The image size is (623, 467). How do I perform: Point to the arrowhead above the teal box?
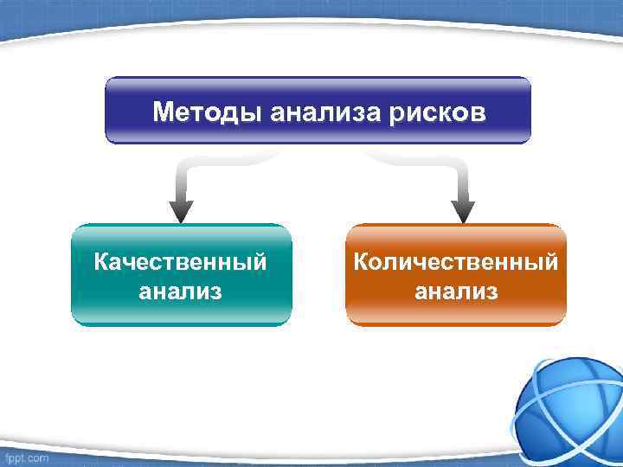[181, 210]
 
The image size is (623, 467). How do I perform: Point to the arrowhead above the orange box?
[463, 210]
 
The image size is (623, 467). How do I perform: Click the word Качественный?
[180, 261]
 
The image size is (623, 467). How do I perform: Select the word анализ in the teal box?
[180, 291]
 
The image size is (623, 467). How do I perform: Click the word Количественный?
[455, 261]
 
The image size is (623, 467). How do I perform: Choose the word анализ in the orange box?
[456, 291]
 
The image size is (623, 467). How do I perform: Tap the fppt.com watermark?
[25, 456]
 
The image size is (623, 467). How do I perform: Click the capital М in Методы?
[163, 112]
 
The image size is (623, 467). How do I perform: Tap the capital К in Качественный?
[101, 261]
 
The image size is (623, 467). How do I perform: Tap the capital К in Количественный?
[361, 261]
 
